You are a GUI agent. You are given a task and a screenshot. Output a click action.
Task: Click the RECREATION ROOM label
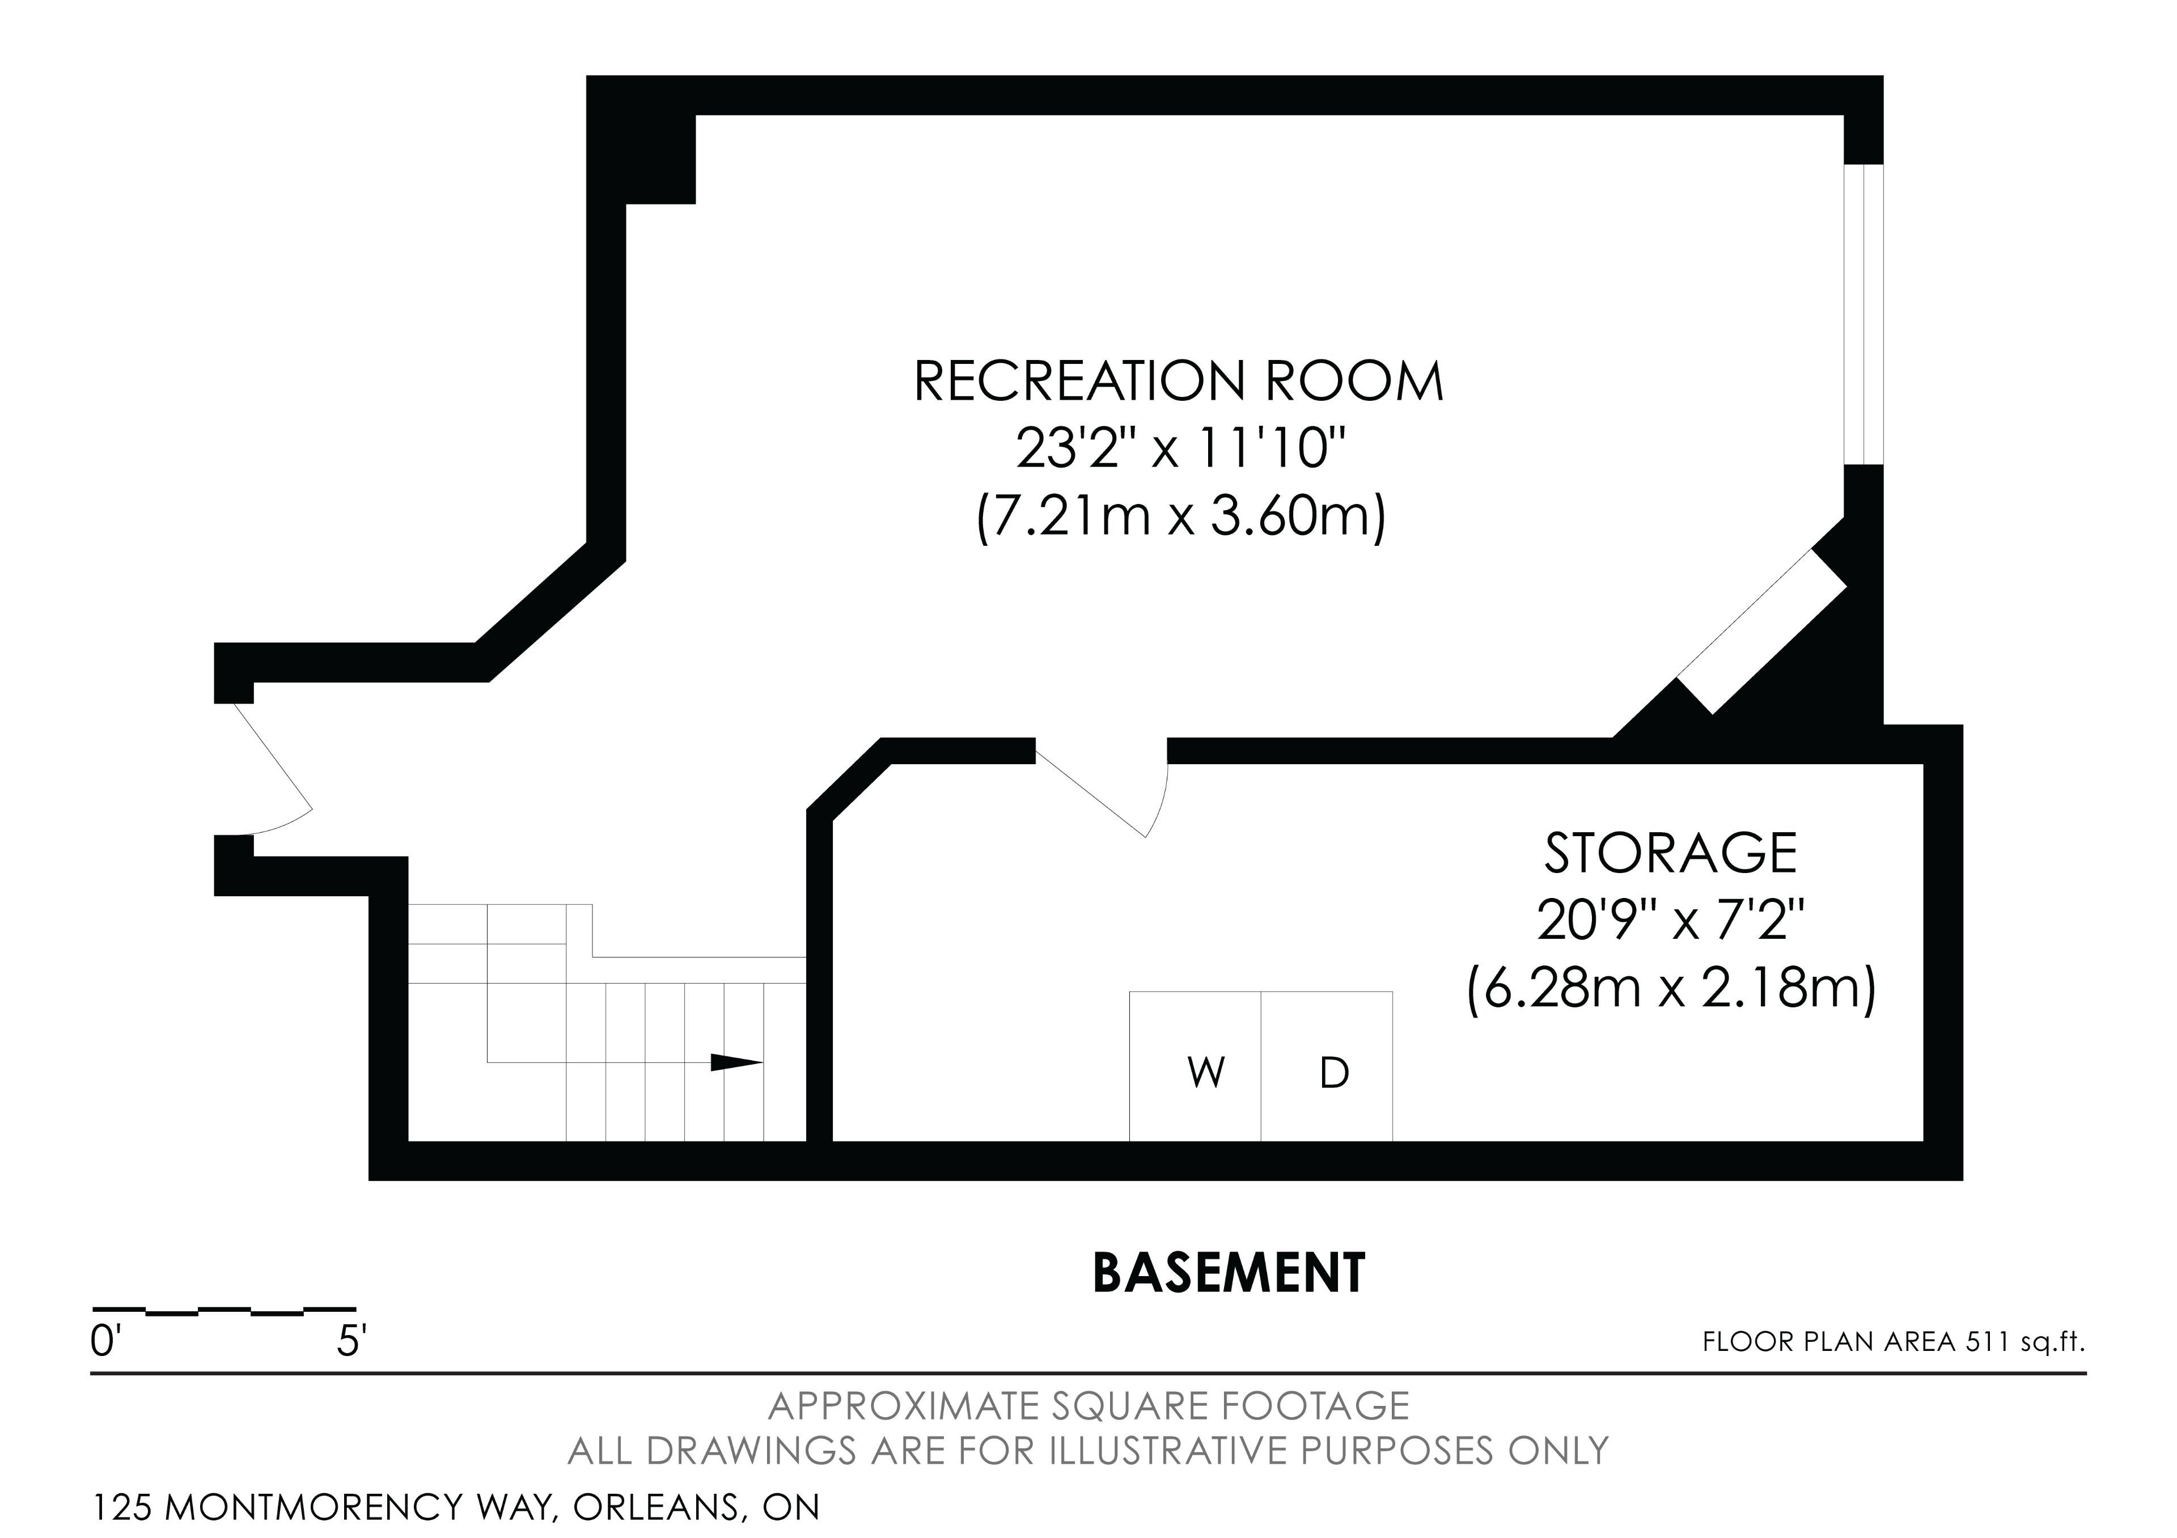[1179, 381]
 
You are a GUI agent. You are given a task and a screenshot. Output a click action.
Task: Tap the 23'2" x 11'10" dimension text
[1181, 448]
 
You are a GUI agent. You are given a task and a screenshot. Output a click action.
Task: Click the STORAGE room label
[1671, 853]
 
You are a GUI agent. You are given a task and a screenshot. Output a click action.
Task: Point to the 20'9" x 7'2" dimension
[1671, 920]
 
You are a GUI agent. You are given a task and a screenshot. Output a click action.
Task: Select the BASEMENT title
[1229, 1273]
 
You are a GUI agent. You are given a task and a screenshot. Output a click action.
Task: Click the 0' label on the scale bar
[103, 1342]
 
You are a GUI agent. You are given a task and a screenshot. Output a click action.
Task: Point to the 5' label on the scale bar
[351, 1342]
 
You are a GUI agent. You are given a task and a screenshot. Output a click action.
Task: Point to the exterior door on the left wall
[273, 769]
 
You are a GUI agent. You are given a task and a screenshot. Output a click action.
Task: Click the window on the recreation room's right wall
[1863, 315]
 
